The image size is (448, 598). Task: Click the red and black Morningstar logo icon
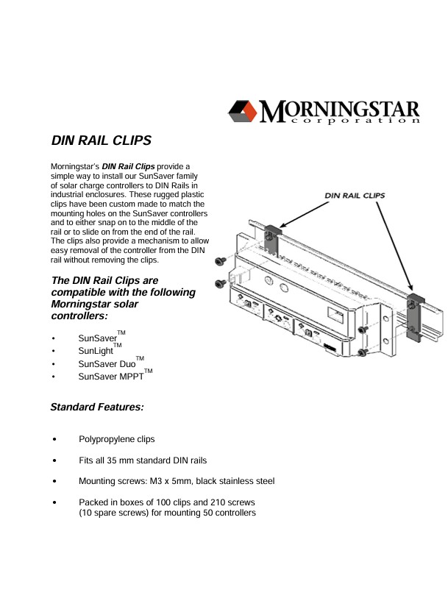point(243,111)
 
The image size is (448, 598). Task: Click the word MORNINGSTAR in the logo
point(340,109)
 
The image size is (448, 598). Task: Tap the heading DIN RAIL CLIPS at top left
point(101,140)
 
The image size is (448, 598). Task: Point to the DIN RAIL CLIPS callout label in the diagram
point(355,196)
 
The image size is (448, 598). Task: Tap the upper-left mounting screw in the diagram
point(219,261)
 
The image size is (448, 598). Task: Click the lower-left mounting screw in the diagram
point(219,284)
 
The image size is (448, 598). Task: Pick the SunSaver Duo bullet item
point(107,363)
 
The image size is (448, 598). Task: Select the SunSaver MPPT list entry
point(110,377)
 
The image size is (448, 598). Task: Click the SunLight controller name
point(96,351)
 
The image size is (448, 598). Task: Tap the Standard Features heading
point(96,407)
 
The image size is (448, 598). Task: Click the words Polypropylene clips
point(117,439)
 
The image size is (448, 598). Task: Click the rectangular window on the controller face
point(337,316)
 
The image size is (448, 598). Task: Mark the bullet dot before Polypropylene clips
point(55,440)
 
